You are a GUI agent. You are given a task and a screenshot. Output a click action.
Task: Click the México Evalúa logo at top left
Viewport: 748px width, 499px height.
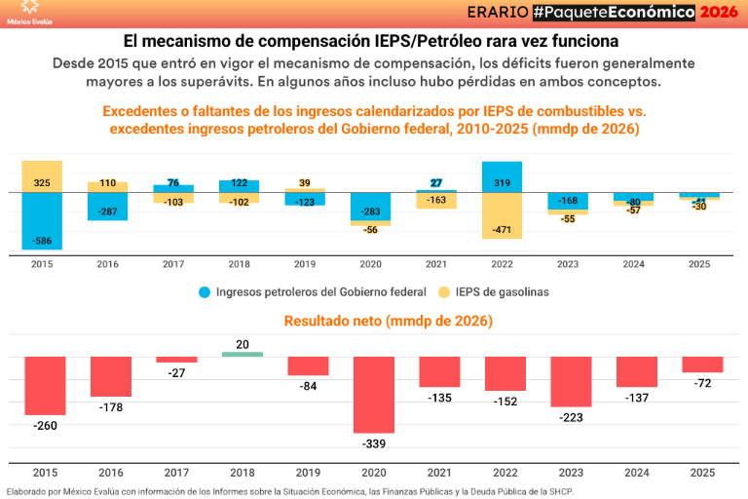coord(29,12)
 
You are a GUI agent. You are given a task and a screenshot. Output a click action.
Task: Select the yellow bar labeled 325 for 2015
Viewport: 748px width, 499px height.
coord(42,176)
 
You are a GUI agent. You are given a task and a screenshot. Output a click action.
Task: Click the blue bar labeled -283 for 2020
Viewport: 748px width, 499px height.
coord(370,207)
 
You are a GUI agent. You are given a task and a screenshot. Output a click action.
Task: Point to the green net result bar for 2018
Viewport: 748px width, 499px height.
coord(243,354)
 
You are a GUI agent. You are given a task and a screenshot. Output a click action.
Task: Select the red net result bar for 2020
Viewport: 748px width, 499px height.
coord(374,394)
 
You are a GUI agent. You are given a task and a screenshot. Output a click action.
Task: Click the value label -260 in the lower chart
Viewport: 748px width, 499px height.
coord(45,426)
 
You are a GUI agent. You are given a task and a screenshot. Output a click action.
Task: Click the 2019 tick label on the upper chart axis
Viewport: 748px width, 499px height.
coord(305,264)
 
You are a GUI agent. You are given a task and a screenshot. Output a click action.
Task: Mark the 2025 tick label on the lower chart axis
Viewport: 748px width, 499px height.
coord(702,473)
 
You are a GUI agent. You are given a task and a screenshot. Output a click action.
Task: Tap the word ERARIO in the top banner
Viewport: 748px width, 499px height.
coord(498,12)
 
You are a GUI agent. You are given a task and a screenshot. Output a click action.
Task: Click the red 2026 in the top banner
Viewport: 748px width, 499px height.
coord(720,12)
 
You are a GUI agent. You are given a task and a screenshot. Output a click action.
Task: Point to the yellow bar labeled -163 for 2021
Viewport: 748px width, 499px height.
coord(436,200)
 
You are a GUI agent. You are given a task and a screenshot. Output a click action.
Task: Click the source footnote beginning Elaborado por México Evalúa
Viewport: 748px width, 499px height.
coord(290,491)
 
